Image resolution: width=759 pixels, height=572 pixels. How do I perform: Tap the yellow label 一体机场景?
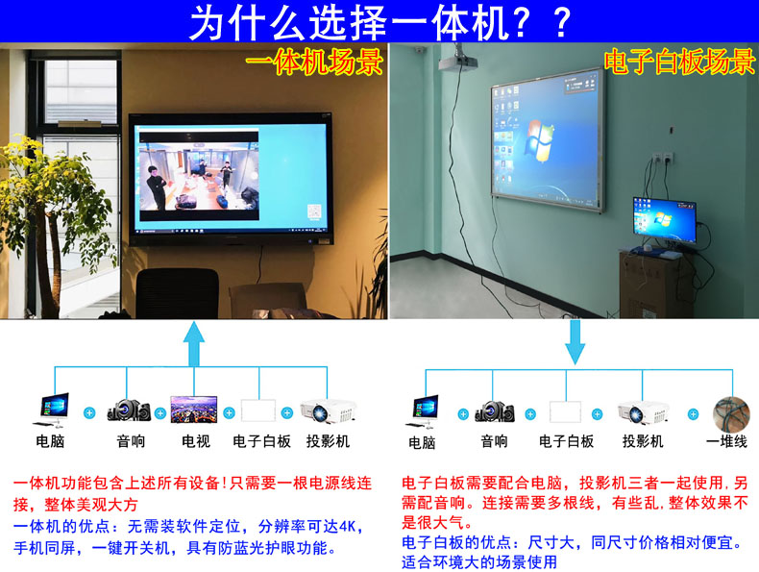point(314,62)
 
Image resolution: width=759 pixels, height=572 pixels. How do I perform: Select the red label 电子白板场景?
point(679,62)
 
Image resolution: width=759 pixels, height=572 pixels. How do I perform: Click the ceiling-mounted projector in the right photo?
point(457,60)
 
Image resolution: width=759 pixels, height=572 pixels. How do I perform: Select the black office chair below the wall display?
point(177,293)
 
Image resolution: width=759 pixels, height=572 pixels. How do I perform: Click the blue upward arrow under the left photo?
point(194,343)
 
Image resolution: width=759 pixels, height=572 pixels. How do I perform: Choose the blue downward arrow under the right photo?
point(575,341)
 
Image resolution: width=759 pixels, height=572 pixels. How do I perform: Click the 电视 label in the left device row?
point(196,441)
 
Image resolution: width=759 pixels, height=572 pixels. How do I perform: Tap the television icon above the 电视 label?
point(194,410)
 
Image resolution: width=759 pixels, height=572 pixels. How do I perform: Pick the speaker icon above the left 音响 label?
point(129,410)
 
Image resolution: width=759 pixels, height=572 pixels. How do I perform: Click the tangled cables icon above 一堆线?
point(731,414)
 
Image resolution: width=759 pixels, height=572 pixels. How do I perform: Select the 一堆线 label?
point(726,441)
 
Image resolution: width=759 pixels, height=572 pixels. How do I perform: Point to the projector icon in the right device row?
point(643,412)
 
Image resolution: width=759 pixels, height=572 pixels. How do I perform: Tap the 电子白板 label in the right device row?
point(566,441)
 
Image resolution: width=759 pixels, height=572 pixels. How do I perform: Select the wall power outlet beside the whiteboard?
point(662,158)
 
